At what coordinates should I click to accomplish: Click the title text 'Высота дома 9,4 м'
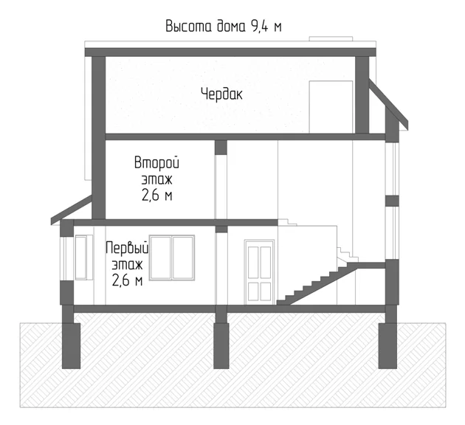click(x=224, y=27)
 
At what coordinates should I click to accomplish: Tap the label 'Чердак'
click(x=222, y=94)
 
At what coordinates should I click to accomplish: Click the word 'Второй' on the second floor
click(x=157, y=162)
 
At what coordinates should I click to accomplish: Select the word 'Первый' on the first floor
click(x=127, y=248)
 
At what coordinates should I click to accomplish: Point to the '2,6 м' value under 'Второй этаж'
click(x=157, y=195)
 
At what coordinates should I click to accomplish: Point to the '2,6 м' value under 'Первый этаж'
click(x=127, y=280)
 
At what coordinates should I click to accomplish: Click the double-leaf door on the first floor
click(x=259, y=272)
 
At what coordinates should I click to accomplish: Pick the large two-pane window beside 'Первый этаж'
click(x=172, y=258)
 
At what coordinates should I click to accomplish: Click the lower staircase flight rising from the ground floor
click(x=317, y=284)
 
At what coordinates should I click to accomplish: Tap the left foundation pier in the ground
click(x=71, y=345)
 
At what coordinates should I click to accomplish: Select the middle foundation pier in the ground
click(x=221, y=345)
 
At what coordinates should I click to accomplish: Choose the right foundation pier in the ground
click(x=388, y=345)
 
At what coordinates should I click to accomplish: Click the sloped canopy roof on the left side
click(x=71, y=210)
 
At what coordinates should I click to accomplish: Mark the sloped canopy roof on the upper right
click(x=388, y=104)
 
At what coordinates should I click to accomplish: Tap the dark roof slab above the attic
click(x=230, y=52)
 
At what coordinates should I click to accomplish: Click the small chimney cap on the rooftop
click(x=331, y=38)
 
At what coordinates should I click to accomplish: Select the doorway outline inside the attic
click(x=331, y=107)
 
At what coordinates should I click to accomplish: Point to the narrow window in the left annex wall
click(x=81, y=258)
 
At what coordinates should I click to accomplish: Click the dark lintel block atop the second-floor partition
click(x=221, y=148)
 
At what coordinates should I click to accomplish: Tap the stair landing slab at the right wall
click(x=371, y=265)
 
